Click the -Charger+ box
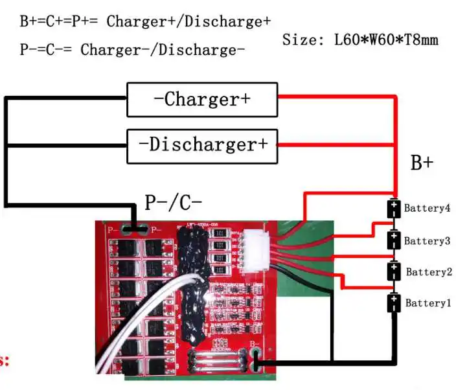coord(202,100)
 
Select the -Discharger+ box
coord(202,144)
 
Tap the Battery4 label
coord(427,209)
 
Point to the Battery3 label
coord(427,241)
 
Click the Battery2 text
coord(429,272)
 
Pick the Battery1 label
coord(427,303)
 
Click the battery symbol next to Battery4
coord(393,209)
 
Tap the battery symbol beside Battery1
coord(393,303)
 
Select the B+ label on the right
coord(422,163)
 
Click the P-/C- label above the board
coord(173,203)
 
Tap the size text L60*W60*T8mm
coord(386,40)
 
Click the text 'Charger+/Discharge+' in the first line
coord(188,21)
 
